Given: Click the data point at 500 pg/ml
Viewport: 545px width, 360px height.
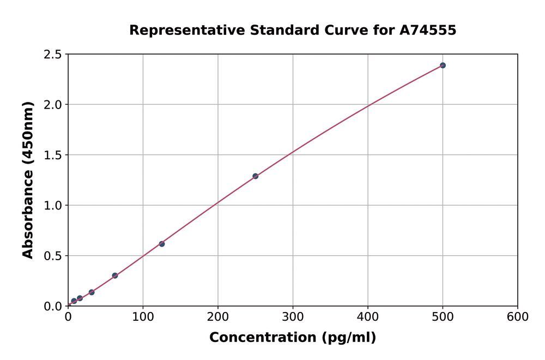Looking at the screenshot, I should tap(443, 65).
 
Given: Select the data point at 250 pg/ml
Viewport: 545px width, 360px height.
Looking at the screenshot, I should tap(255, 176).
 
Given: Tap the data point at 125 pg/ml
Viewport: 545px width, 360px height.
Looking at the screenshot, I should tap(162, 244).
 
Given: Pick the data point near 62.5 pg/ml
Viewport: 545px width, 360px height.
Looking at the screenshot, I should tap(115, 275).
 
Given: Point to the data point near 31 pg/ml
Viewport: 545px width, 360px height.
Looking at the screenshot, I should tap(92, 292).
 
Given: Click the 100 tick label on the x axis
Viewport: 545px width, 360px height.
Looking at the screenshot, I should tap(143, 317).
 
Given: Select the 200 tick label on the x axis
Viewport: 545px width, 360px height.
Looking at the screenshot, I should tap(218, 317).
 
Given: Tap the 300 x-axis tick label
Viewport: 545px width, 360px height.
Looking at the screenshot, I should tap(293, 317).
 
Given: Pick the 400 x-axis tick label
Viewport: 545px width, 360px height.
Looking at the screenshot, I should tap(368, 317).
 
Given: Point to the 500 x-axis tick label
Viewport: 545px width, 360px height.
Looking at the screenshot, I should tap(443, 317).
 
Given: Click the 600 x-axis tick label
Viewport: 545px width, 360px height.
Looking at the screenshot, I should tap(517, 317).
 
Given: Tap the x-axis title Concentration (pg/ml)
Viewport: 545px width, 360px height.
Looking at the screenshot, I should tap(293, 338).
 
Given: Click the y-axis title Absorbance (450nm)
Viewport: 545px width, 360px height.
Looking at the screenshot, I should tap(28, 180).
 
